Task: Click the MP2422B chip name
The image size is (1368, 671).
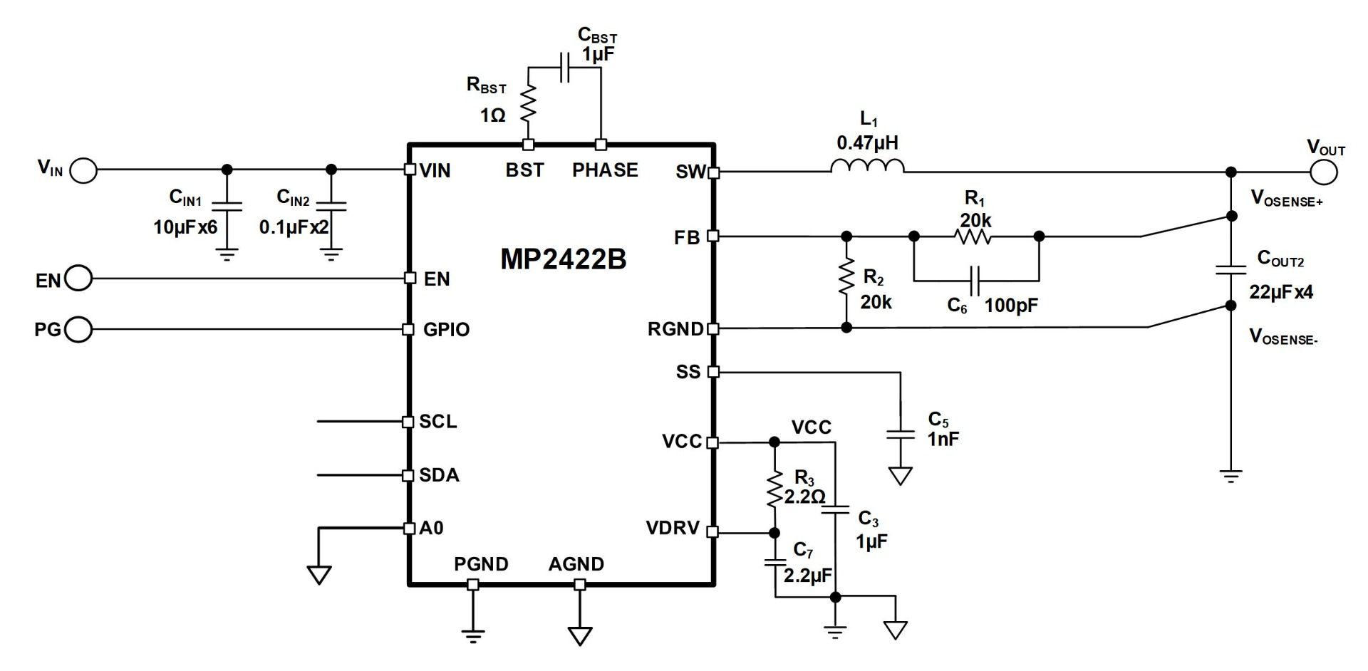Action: pos(563,259)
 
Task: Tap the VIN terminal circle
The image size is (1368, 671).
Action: pos(84,170)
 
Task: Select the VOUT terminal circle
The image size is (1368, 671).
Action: pos(1323,172)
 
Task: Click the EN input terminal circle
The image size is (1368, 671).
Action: pos(78,279)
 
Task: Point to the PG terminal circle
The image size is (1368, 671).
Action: pos(78,329)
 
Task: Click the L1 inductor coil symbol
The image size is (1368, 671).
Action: pos(867,167)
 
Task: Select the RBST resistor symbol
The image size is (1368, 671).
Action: pos(528,104)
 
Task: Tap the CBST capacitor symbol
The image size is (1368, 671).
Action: pos(565,67)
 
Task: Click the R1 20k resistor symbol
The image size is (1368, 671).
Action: pos(974,236)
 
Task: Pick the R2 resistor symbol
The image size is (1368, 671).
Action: pos(846,277)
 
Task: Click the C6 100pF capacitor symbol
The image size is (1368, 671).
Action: pos(976,281)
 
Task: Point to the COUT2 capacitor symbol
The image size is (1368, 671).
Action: pos(1230,270)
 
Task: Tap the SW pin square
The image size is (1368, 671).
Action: pos(713,172)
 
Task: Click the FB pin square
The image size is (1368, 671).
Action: pos(713,236)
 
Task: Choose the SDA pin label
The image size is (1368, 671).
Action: pos(439,475)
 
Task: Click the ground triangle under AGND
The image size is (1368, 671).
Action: pos(580,634)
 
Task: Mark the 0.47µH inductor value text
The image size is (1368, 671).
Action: pos(867,143)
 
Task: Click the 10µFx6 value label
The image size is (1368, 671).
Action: pos(185,227)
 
